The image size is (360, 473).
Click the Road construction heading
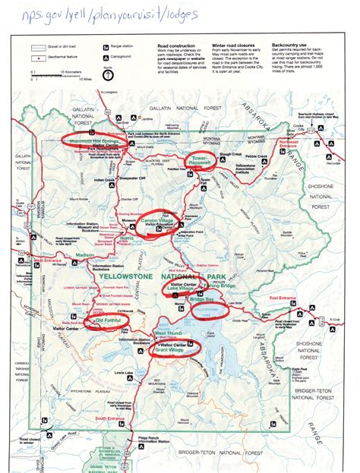click(172, 45)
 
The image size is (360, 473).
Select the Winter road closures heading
click(229, 45)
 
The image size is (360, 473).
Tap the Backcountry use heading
click(287, 45)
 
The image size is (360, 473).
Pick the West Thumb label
click(168, 333)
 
